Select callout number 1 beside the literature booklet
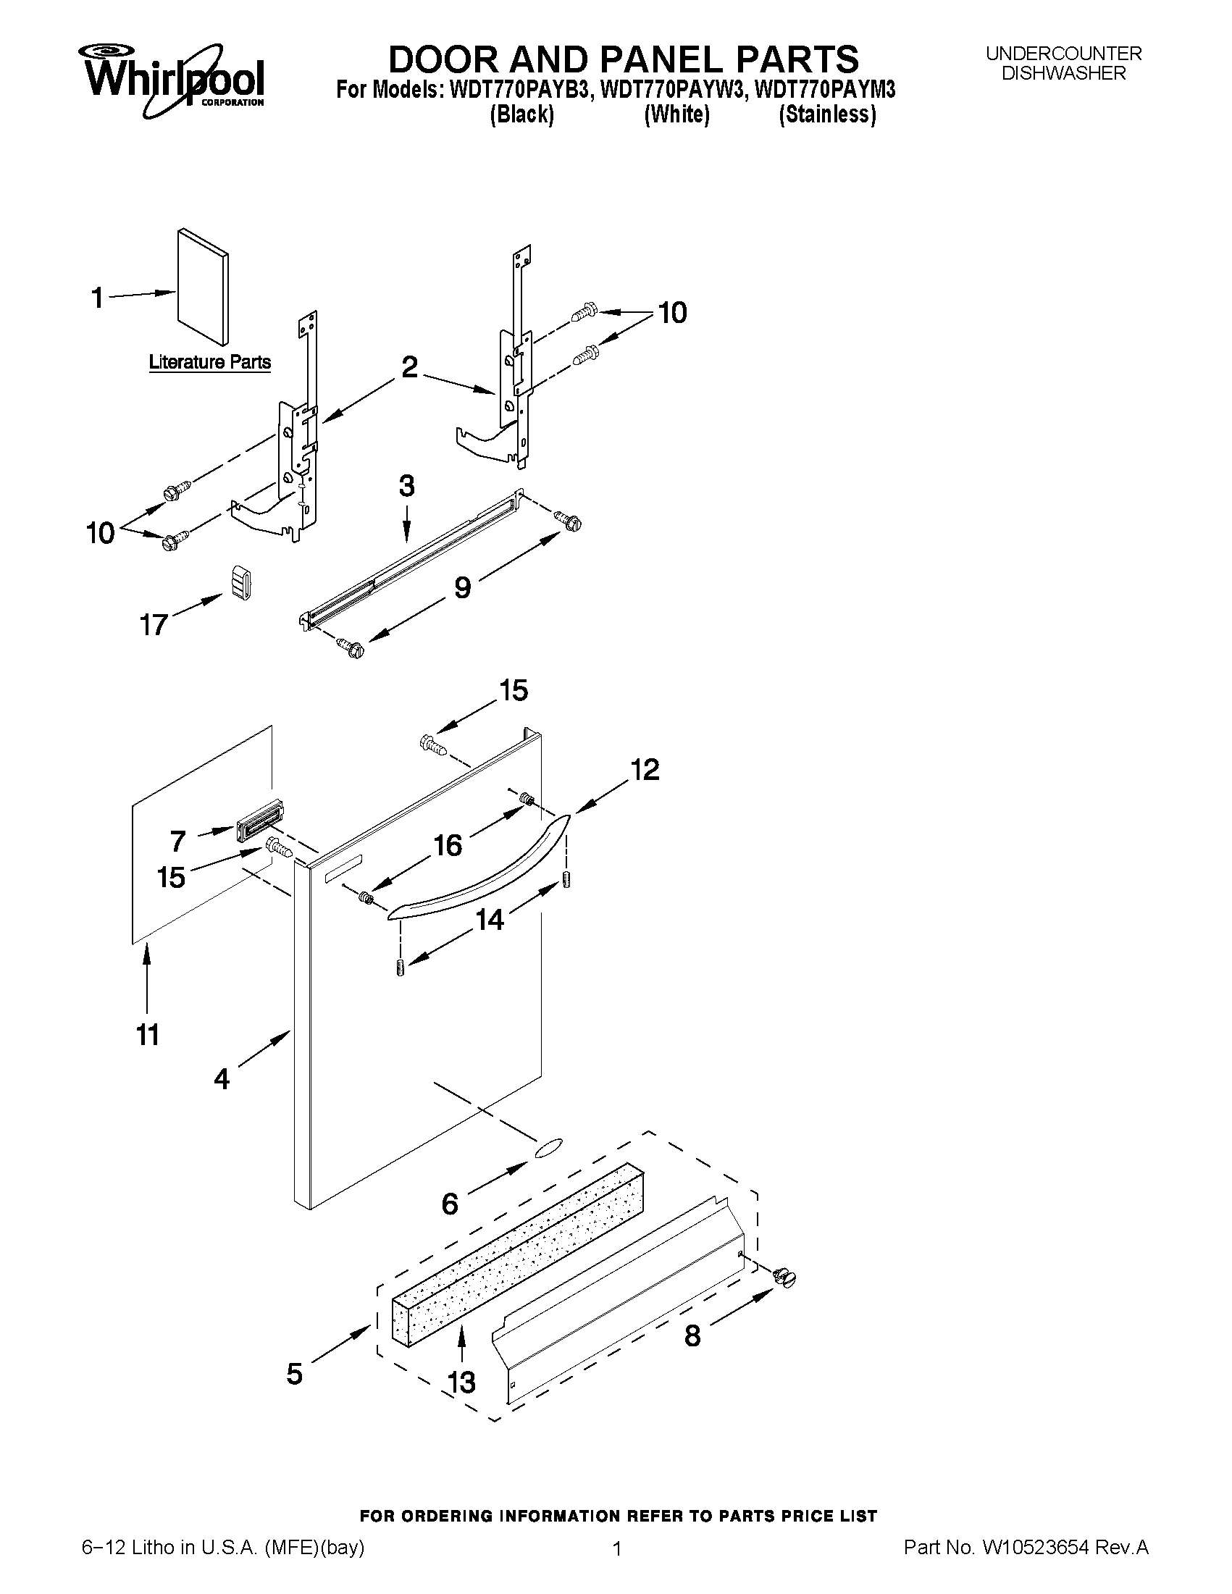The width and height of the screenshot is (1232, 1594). (98, 298)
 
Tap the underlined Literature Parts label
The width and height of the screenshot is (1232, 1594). (209, 362)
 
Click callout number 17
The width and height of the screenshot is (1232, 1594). (154, 625)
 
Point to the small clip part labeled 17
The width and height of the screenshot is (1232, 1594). (242, 582)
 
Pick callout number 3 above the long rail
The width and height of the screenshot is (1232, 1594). (406, 486)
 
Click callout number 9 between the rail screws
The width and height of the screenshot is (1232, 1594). (463, 587)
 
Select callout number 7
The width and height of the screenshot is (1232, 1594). (177, 841)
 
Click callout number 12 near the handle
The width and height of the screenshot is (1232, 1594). (645, 770)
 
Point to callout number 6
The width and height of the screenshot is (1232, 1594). (450, 1203)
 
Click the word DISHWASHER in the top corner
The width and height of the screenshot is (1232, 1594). (1063, 74)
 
